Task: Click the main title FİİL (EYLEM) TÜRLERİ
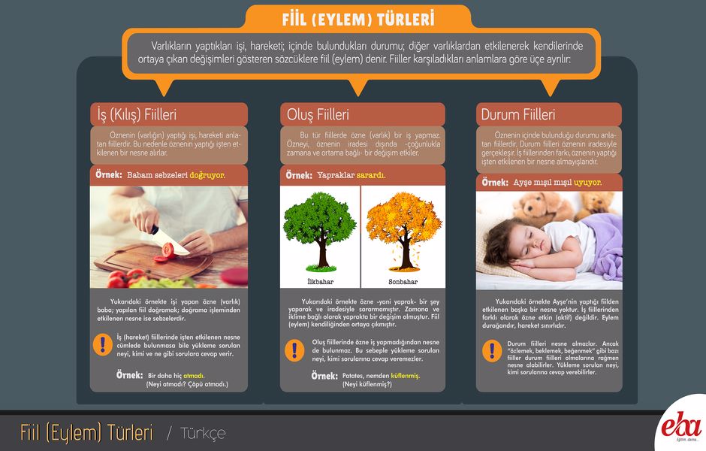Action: pyautogui.click(x=358, y=20)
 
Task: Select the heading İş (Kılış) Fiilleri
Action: pyautogui.click(x=137, y=114)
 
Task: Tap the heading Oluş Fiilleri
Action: pyautogui.click(x=318, y=114)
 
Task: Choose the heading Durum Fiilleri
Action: pyautogui.click(x=517, y=114)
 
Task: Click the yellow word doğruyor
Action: pyautogui.click(x=207, y=175)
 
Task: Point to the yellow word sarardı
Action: pyautogui.click(x=371, y=175)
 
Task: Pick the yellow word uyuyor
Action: pyautogui.click(x=587, y=183)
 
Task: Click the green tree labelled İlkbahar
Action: pyautogui.click(x=320, y=232)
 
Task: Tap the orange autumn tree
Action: pyautogui.click(x=404, y=232)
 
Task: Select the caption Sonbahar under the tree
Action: pyautogui.click(x=403, y=282)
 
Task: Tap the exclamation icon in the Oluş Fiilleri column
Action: pyautogui.click(x=294, y=350)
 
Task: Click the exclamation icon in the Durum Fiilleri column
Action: pyautogui.click(x=492, y=351)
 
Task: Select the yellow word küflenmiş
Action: pyautogui.click(x=406, y=376)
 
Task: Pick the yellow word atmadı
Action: pyautogui.click(x=194, y=375)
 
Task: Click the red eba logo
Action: pyautogui.click(x=682, y=425)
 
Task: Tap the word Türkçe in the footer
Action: pyautogui.click(x=203, y=434)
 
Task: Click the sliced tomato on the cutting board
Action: pyautogui.click(x=167, y=251)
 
